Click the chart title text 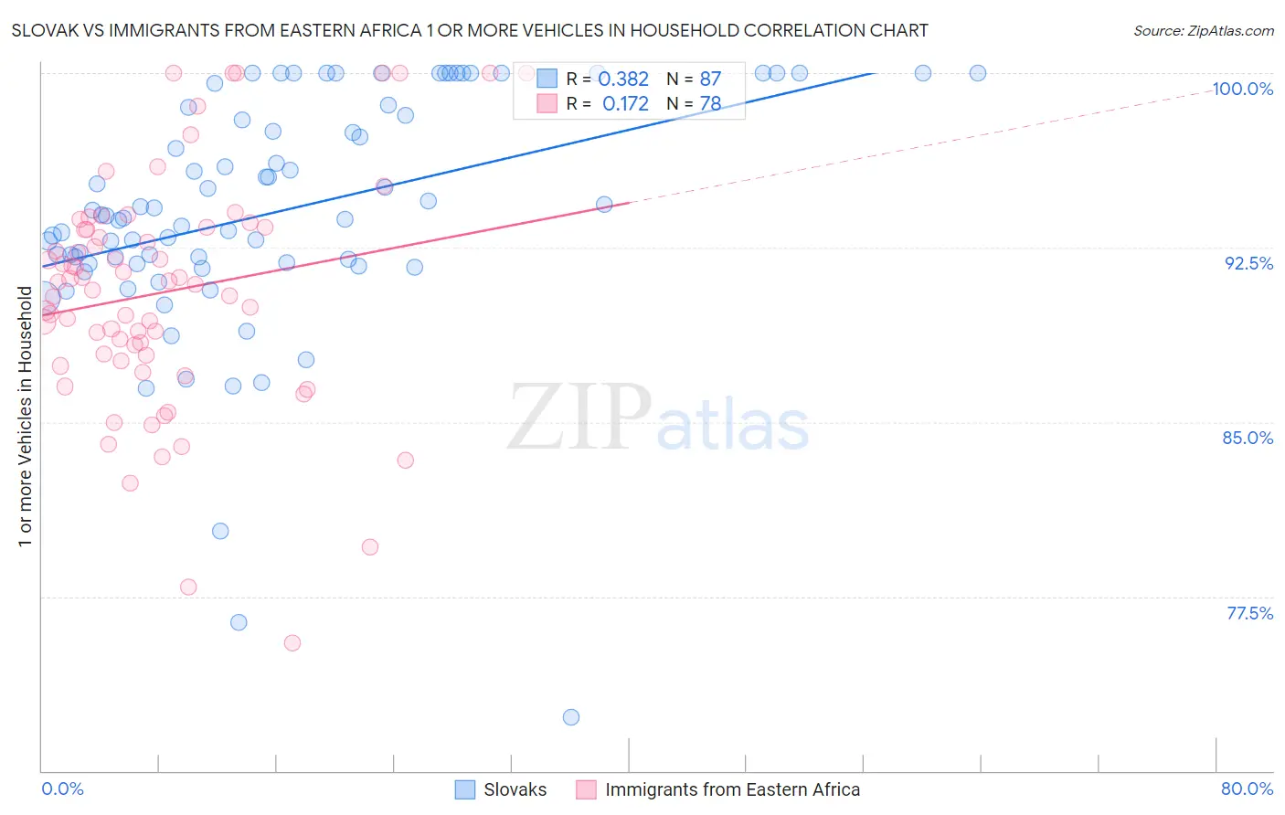(470, 30)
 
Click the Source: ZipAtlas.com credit (1203, 30)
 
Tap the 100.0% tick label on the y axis (1242, 89)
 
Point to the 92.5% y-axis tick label (1248, 263)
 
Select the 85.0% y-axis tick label (1248, 438)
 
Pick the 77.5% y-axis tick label (1249, 613)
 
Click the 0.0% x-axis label (62, 789)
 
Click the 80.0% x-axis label (1247, 789)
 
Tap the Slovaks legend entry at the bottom (515, 789)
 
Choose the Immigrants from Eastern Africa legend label (732, 789)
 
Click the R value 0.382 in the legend (623, 79)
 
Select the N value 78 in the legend (710, 104)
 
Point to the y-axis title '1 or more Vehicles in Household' (25, 417)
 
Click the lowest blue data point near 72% (571, 717)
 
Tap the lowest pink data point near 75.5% (292, 643)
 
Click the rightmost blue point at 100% (978, 73)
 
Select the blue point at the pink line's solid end (604, 205)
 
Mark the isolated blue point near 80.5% (220, 531)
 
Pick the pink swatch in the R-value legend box (547, 103)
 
